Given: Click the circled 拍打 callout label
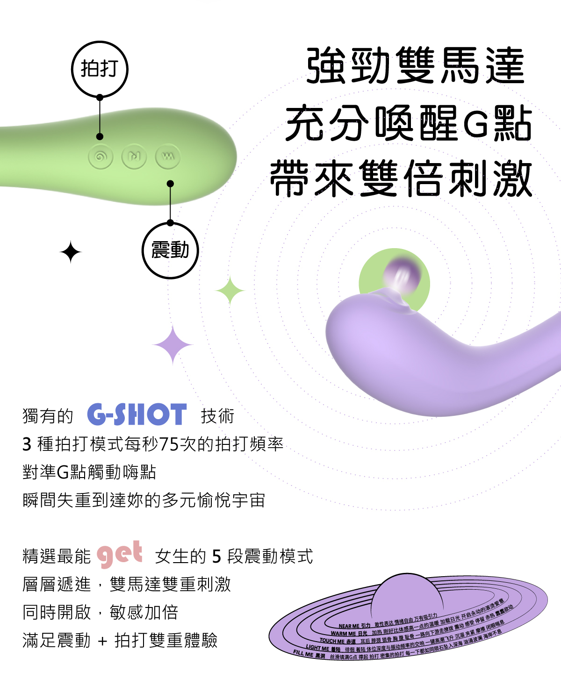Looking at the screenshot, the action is [100, 69].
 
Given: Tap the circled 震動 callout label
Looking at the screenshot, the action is [170, 250].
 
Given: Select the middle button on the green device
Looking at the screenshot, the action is [134, 157].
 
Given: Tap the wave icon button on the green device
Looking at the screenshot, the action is [167, 157].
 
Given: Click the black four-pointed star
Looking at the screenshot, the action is [71, 252].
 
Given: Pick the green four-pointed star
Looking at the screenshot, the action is [230, 291].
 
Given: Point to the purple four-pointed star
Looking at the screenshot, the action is [173, 345].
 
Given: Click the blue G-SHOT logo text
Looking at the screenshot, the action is [137, 414].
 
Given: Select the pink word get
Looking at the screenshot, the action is [120, 554].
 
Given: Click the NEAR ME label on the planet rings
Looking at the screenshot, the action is [349, 626].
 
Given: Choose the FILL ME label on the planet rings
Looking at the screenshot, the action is [303, 654].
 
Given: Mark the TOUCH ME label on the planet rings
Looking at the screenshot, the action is [332, 641].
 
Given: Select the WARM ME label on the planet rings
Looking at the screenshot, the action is [343, 634].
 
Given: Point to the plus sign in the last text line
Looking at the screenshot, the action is [103, 641].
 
